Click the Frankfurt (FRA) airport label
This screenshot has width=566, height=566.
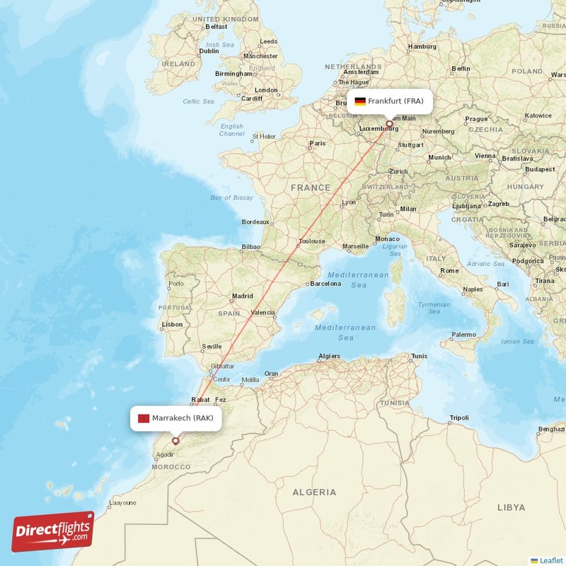point(388,101)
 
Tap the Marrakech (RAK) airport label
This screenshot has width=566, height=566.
point(175,418)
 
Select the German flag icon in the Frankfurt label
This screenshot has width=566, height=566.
point(360,101)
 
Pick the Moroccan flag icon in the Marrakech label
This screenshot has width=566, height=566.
point(144,418)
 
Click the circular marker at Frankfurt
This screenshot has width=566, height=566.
point(388,123)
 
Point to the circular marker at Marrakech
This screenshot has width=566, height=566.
point(175,441)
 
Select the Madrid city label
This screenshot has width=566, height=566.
point(243,296)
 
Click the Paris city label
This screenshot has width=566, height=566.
point(318,144)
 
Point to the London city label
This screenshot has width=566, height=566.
point(266,90)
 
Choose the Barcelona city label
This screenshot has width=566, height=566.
point(325,284)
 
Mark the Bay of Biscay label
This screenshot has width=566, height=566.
point(231,197)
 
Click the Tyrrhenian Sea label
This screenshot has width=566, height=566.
point(434,308)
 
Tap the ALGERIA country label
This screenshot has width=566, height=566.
point(314,492)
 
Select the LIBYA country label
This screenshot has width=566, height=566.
point(511,507)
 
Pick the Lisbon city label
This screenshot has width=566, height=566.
point(173,325)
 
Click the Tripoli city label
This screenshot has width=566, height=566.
point(459,417)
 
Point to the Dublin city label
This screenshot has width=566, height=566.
point(209,51)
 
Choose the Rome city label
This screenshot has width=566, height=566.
point(449,271)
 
